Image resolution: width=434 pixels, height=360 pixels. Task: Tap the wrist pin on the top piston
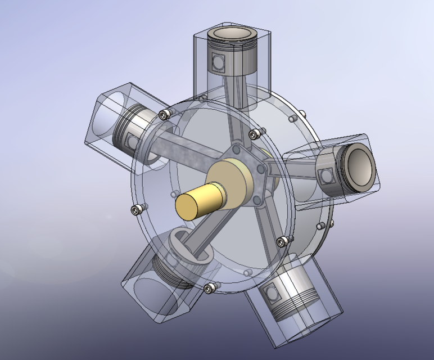(x=218, y=61)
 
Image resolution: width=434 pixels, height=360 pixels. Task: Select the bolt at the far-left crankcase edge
(x=135, y=210)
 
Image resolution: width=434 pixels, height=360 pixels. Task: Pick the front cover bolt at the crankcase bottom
(x=210, y=288)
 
